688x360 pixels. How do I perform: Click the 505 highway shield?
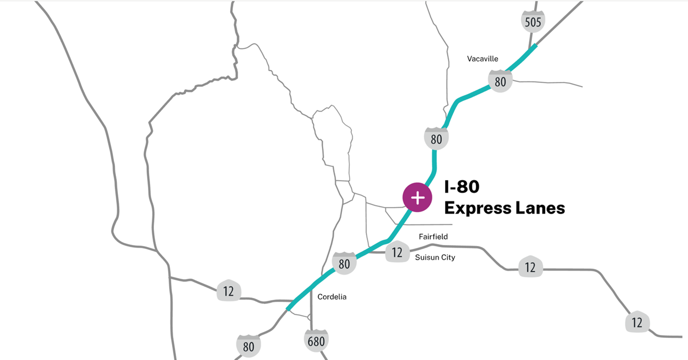tap(533, 22)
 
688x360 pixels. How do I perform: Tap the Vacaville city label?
tap(483, 59)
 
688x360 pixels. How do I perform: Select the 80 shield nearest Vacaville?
tap(500, 81)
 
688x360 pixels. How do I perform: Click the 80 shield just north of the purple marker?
tap(436, 139)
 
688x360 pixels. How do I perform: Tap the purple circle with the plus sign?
tap(418, 197)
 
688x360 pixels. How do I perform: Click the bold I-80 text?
tap(462, 187)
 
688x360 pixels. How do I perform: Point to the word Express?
tap(477, 208)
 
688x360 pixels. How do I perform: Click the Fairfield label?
tap(433, 236)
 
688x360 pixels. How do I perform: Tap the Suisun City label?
tap(435, 257)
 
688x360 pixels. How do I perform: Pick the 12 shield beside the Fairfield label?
tap(397, 252)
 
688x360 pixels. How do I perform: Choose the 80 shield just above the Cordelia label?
tap(344, 263)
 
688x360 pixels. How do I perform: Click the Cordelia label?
tap(332, 297)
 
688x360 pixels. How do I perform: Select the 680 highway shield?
tap(316, 341)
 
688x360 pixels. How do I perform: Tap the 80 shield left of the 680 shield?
tap(249, 346)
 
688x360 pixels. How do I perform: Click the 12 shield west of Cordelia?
tap(229, 291)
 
